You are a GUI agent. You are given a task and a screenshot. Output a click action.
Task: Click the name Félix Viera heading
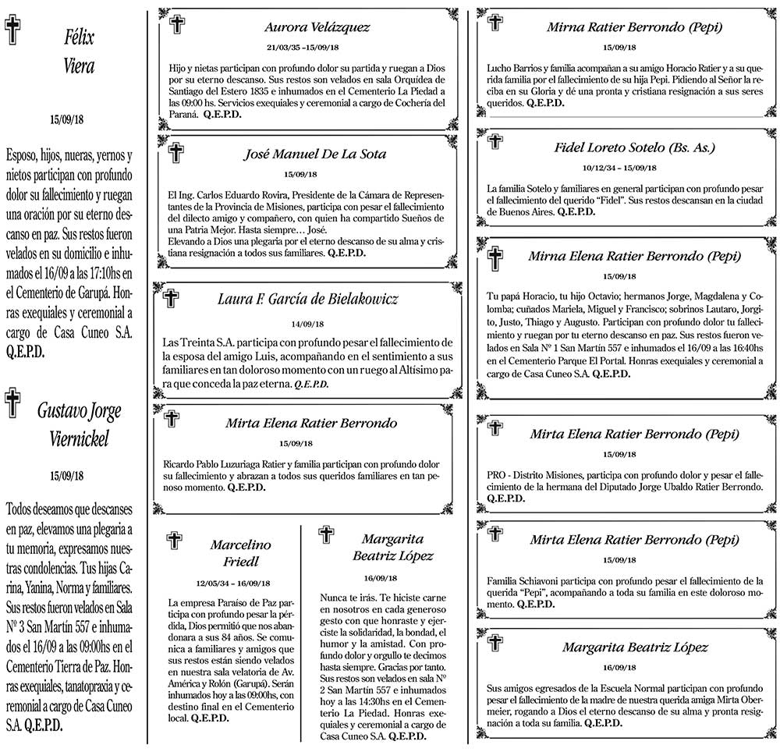point(78,51)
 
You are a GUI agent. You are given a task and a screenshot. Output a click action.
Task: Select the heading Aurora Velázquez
point(317,27)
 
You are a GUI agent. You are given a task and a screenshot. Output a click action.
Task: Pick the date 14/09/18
point(307,324)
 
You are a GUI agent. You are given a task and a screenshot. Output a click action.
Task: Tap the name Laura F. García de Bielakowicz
point(308,300)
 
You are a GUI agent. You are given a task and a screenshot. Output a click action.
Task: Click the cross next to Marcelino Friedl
point(175,540)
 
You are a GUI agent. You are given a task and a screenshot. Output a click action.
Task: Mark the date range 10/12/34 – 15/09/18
point(619,168)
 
